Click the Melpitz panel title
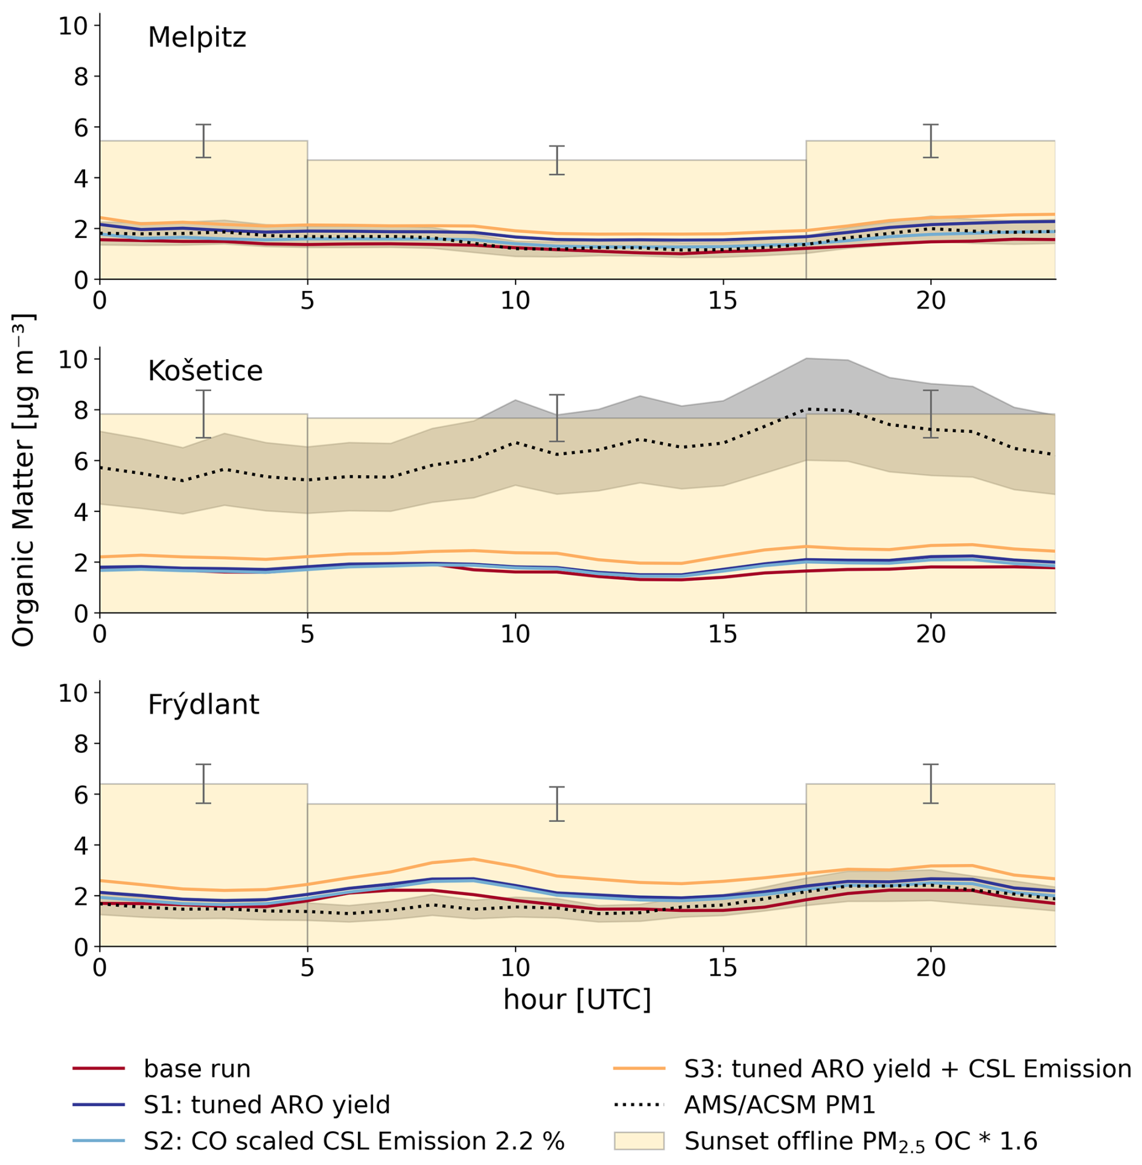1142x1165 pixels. click(x=197, y=37)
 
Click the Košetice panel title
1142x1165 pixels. click(x=205, y=371)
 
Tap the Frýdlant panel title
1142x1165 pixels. click(x=203, y=704)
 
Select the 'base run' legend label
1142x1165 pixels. click(x=197, y=1068)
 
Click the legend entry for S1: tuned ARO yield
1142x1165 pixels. click(x=267, y=1105)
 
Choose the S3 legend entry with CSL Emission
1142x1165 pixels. click(x=907, y=1068)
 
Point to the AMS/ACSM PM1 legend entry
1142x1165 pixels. click(x=779, y=1105)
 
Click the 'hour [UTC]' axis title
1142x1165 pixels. click(x=577, y=1000)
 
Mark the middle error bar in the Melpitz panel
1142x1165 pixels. click(x=557, y=160)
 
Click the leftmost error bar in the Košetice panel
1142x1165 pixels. click(x=203, y=414)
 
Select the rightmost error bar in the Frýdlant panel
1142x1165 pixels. click(x=931, y=784)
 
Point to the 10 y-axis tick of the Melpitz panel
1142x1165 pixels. click(x=72, y=26)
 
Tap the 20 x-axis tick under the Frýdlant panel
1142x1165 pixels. click(x=931, y=968)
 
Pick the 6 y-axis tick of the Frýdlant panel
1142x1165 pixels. click(x=81, y=795)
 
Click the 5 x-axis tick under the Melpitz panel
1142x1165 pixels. click(x=307, y=301)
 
